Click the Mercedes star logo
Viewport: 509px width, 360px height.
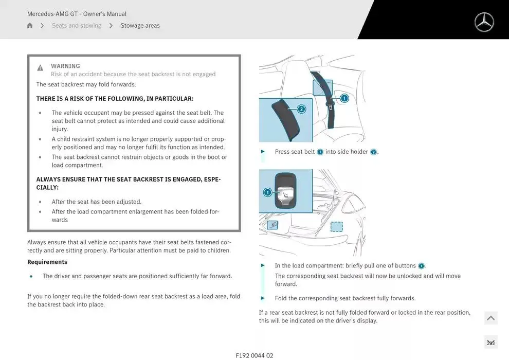pyautogui.click(x=484, y=22)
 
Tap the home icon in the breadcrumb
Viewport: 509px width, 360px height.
pyautogui.click(x=30, y=25)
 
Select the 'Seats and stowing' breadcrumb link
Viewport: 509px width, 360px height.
pyautogui.click(x=77, y=25)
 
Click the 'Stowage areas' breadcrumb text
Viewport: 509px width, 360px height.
pyautogui.click(x=140, y=25)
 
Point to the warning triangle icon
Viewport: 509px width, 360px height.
pyautogui.click(x=40, y=67)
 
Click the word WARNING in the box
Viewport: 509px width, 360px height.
pyautogui.click(x=65, y=66)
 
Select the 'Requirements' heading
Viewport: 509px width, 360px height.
pyautogui.click(x=47, y=262)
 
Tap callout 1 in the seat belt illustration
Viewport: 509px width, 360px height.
pyautogui.click(x=344, y=98)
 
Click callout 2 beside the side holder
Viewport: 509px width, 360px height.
pyautogui.click(x=301, y=109)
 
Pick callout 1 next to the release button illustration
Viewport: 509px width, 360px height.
pyautogui.click(x=267, y=192)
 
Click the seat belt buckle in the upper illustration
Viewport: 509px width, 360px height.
pyautogui.click(x=330, y=105)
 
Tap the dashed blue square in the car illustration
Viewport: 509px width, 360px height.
pyautogui.click(x=336, y=227)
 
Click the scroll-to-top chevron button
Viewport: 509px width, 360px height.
pyautogui.click(x=491, y=318)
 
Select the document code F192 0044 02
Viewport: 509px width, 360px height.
pyautogui.click(x=254, y=355)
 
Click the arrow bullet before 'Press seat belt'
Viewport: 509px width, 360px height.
pyautogui.click(x=263, y=152)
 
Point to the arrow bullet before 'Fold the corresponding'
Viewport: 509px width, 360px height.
pyautogui.click(x=263, y=298)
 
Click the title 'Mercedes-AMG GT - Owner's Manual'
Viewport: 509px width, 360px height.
pyautogui.click(x=77, y=14)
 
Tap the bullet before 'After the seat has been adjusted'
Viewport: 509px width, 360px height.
pyautogui.click(x=40, y=202)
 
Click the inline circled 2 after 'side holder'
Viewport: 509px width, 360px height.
pyautogui.click(x=373, y=152)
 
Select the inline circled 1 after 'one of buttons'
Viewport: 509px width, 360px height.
pyautogui.click(x=421, y=266)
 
